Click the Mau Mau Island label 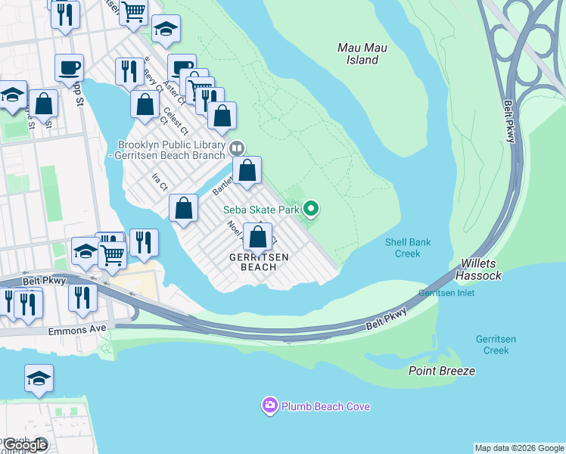(x=362, y=54)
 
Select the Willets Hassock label (x=480, y=270)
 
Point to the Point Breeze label (x=442, y=371)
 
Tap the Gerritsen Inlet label (x=446, y=293)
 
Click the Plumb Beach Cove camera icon (x=269, y=406)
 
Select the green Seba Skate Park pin (x=310, y=209)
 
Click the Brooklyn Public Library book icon (x=237, y=148)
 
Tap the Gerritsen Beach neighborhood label (x=259, y=262)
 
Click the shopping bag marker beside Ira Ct (x=183, y=208)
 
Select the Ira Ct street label (x=159, y=182)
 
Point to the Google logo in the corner (x=25, y=445)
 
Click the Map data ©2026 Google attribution (x=519, y=448)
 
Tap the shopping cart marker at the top (x=133, y=13)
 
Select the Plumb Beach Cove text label (x=325, y=406)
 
